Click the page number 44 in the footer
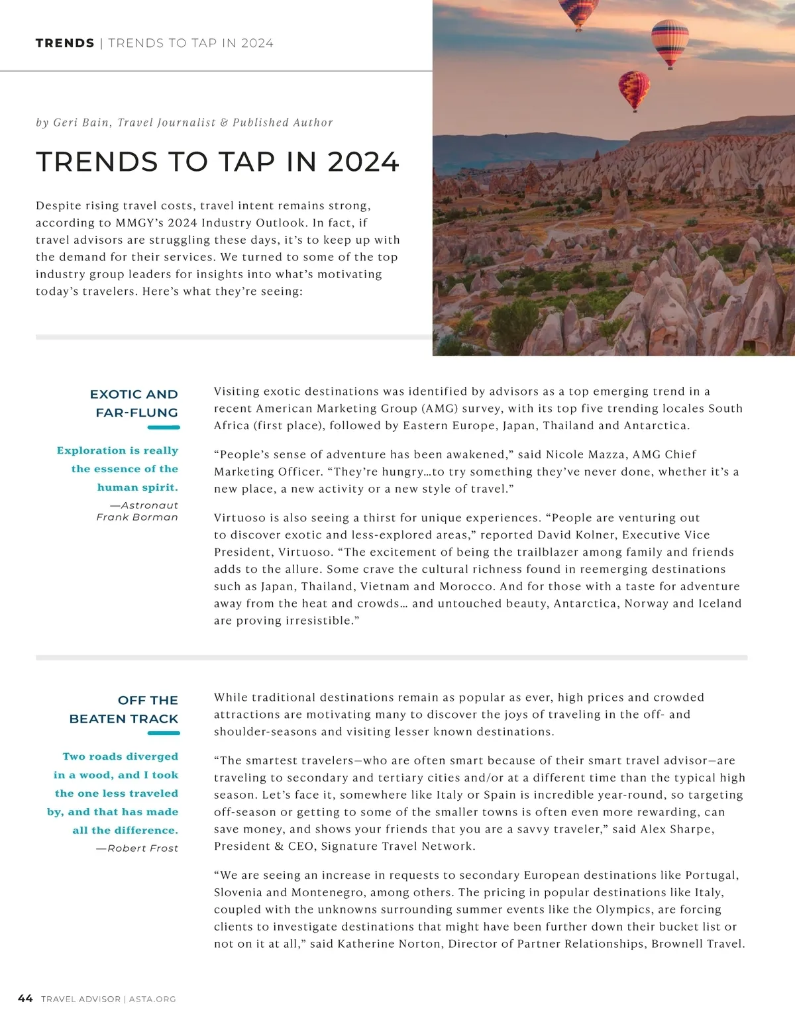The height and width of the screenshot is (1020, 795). (x=25, y=998)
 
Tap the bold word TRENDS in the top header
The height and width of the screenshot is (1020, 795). (x=65, y=43)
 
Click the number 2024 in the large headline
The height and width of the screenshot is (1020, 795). (x=363, y=162)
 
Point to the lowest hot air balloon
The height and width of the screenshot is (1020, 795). (x=634, y=90)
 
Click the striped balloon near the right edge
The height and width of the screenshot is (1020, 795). (x=670, y=42)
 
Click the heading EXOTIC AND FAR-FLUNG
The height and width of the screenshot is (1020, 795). (x=135, y=403)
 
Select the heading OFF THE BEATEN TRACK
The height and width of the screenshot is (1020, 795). (x=125, y=709)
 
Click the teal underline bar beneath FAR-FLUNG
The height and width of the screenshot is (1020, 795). (x=164, y=428)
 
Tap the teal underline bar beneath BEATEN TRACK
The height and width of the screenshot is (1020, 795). (x=164, y=733)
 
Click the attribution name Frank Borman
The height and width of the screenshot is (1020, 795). (x=137, y=517)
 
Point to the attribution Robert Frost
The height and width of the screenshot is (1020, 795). (x=142, y=848)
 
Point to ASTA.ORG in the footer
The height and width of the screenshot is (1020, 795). (x=152, y=999)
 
